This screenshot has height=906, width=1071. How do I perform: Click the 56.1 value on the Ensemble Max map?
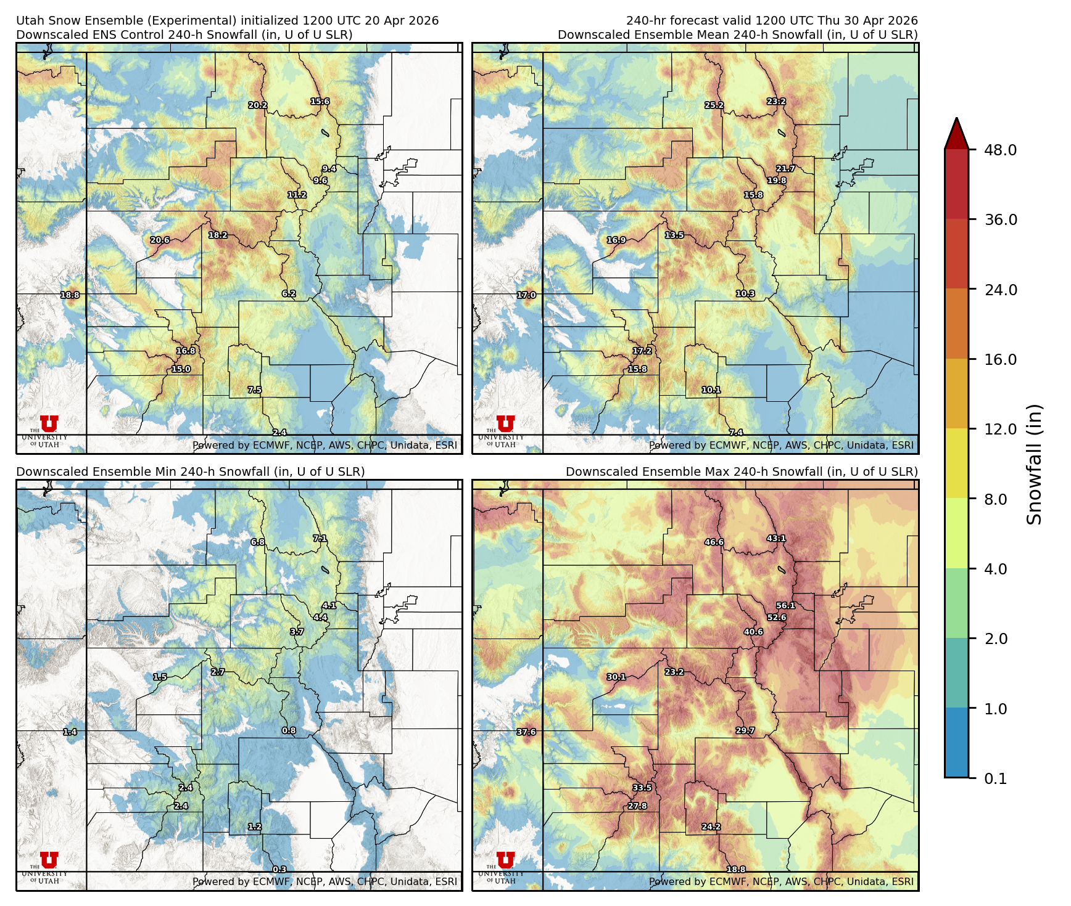point(785,605)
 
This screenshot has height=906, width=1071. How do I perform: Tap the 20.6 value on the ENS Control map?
point(160,240)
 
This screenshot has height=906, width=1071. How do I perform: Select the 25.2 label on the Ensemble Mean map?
point(714,105)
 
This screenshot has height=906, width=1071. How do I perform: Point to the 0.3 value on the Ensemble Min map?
point(279,869)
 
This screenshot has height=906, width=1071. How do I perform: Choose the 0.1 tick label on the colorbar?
point(995,778)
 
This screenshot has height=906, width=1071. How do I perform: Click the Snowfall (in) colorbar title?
point(1035,463)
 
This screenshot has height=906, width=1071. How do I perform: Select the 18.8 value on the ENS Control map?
point(70,295)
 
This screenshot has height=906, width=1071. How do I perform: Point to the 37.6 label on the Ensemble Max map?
point(526,732)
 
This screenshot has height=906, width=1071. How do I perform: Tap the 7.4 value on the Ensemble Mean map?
point(735,433)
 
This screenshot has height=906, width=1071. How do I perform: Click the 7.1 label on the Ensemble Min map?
point(320,538)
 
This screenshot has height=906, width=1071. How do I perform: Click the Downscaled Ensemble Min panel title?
point(190,471)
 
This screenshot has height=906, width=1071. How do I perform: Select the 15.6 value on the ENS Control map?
point(320,101)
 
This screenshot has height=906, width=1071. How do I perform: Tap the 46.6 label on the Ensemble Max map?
point(714,542)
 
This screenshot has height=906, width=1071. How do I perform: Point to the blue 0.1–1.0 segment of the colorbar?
point(956,742)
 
